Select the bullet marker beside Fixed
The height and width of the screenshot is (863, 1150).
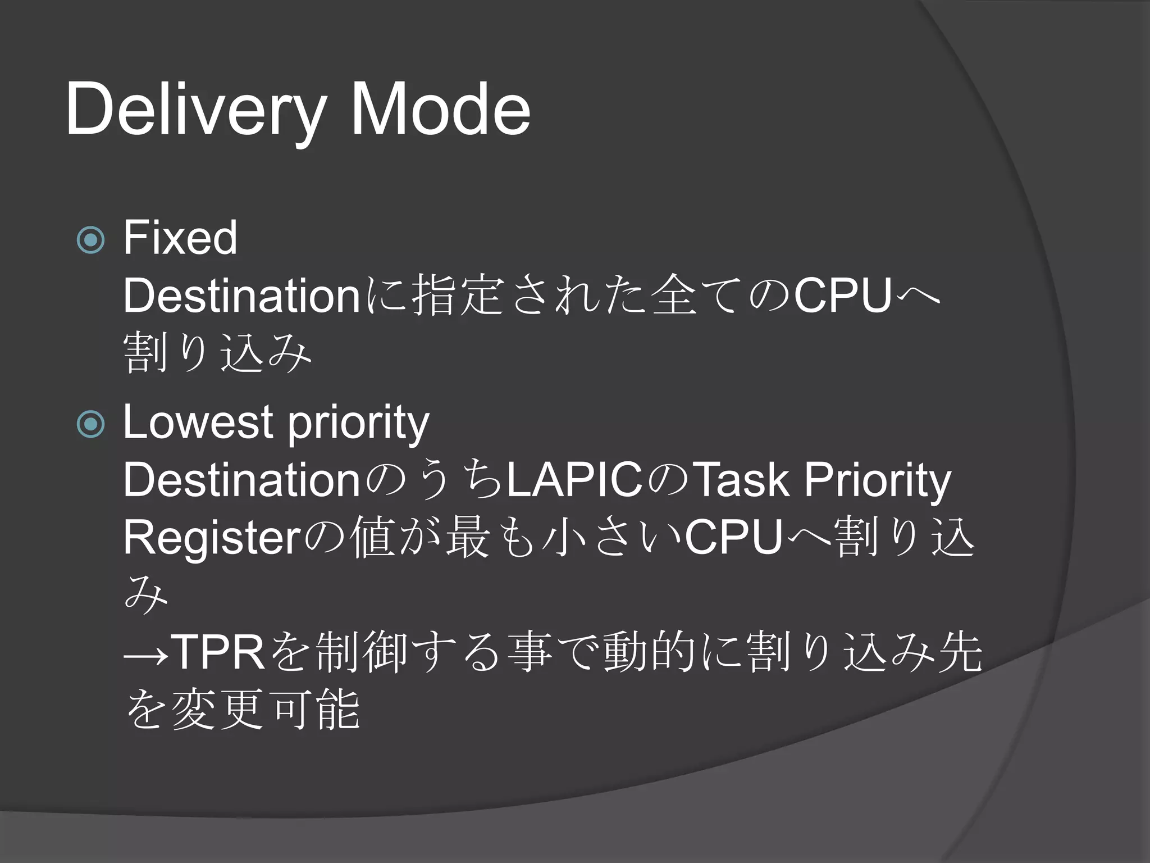pyautogui.click(x=90, y=240)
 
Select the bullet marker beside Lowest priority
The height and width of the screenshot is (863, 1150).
pyautogui.click(x=90, y=424)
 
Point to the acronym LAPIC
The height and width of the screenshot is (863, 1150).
pyautogui.click(x=574, y=480)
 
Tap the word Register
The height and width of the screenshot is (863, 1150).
pyautogui.click(x=212, y=538)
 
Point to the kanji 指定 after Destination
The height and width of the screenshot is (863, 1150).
pyautogui.click(x=457, y=296)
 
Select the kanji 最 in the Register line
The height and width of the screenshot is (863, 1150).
pyautogui.click(x=467, y=538)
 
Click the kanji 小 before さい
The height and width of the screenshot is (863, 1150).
pyautogui.click(x=564, y=538)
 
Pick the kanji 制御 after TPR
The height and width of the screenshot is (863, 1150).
pyautogui.click(x=362, y=652)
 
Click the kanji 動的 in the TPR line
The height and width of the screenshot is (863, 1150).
pyautogui.click(x=650, y=652)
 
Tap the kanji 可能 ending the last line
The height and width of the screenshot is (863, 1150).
pyautogui.click(x=314, y=711)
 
